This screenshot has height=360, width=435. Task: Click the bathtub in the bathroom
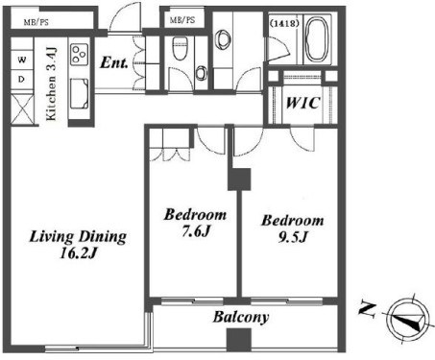[317, 39]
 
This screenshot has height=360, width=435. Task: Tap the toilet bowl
[181, 48]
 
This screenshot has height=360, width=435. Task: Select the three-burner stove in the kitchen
[80, 55]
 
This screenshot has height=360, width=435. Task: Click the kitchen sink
[79, 94]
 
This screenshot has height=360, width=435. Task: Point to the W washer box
[22, 60]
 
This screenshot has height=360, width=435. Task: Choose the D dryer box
[22, 79]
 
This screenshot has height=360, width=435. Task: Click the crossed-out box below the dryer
[22, 108]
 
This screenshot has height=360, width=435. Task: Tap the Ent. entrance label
[114, 62]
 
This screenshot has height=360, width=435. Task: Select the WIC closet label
[302, 103]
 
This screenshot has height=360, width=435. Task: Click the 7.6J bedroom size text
[196, 231]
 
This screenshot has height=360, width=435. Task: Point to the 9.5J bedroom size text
[293, 237]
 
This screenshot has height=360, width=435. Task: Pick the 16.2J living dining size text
[79, 253]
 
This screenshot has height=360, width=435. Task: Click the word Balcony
[241, 317]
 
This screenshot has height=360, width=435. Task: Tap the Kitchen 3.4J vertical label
[52, 84]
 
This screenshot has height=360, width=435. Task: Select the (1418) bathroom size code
[284, 23]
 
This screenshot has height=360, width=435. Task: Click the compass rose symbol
[408, 319]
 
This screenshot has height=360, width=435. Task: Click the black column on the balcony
[239, 340]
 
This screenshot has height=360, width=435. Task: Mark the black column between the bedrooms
[239, 180]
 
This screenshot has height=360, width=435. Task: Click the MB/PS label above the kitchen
[36, 22]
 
